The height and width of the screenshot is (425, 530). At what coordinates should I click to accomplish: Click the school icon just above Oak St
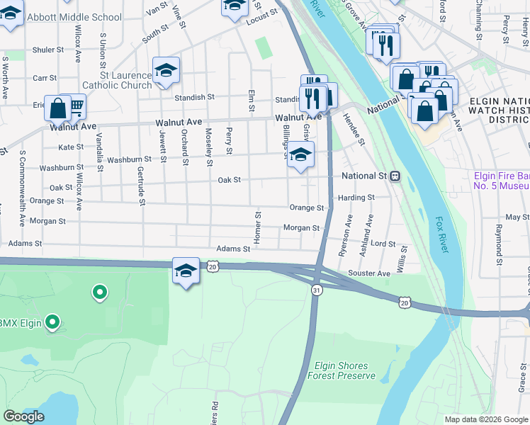point(300,154)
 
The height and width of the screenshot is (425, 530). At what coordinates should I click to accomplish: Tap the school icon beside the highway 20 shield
point(186,271)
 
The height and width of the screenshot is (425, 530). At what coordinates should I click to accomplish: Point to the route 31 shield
point(316,290)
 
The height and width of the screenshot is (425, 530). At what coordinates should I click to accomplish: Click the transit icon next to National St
point(395,176)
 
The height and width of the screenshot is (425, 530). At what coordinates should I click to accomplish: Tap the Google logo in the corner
point(24,416)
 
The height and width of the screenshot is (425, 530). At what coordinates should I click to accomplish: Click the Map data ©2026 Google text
point(485,419)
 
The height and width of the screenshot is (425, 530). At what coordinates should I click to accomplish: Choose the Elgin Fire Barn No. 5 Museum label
point(501,181)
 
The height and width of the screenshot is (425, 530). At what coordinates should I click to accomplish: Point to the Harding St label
point(356,198)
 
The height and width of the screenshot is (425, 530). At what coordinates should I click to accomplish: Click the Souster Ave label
point(368,273)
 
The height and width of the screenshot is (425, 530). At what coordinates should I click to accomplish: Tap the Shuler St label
point(48,50)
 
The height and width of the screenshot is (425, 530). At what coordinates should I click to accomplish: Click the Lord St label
point(383,244)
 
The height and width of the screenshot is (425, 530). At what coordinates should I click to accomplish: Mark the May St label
point(512,217)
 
